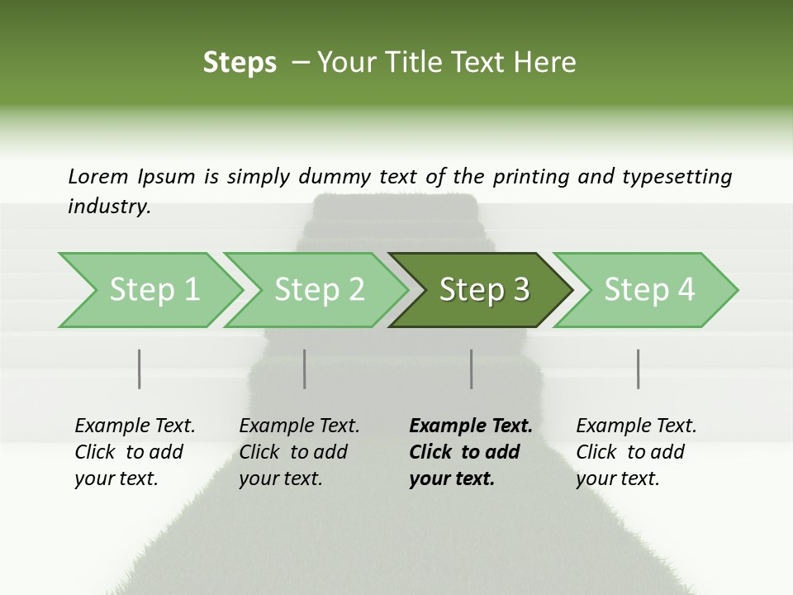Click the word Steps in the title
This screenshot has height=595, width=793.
tap(240, 63)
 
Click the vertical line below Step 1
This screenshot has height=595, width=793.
tap(140, 369)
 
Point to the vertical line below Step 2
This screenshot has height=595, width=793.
tap(305, 369)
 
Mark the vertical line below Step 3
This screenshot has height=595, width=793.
tap(472, 369)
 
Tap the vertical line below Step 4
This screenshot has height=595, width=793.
tap(639, 369)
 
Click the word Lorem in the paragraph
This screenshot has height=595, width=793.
tap(97, 176)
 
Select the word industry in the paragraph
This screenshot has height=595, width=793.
tap(109, 207)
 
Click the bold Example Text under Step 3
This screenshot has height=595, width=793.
tap(471, 426)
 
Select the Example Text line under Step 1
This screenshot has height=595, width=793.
tap(135, 426)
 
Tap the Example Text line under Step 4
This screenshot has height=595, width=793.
tap(636, 426)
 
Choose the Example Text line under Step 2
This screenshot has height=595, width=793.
tap(299, 426)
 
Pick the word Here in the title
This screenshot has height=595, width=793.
tap(548, 63)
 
